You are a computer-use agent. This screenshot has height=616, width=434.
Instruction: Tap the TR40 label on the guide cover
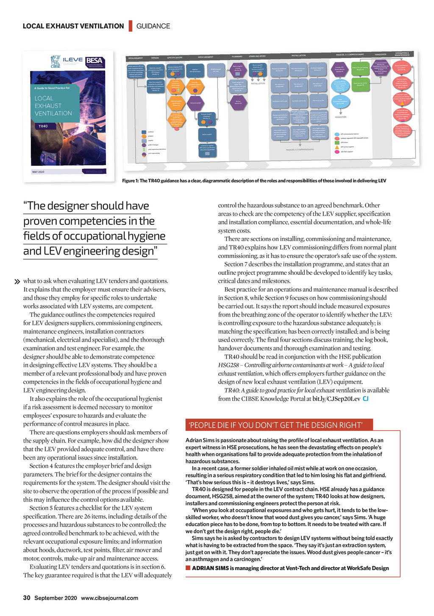43,126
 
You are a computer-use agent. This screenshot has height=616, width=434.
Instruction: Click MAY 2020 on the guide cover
38,172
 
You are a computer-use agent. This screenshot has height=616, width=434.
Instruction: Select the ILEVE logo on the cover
72,60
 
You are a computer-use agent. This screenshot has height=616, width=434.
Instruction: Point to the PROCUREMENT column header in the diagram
206,57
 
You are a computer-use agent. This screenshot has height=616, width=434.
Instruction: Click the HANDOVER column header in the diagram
380,54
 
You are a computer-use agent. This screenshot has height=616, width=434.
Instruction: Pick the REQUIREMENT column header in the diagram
136,58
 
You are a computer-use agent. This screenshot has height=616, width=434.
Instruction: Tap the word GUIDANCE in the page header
153,26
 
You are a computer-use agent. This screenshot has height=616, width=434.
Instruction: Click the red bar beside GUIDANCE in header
131,25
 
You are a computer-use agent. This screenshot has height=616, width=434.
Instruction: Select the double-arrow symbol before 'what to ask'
17,281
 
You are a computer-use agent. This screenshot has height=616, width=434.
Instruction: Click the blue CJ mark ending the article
365,399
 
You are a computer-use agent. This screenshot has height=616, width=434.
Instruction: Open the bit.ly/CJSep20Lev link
336,399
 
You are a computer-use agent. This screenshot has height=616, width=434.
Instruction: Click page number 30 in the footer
27,598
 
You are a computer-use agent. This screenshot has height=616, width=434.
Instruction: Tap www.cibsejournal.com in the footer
109,598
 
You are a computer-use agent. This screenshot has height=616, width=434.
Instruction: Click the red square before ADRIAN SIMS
188,568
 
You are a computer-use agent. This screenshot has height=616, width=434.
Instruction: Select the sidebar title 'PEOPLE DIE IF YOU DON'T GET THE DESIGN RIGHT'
275,425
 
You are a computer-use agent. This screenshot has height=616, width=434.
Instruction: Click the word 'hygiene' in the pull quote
145,236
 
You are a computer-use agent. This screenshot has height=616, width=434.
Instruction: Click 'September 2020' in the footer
56,598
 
